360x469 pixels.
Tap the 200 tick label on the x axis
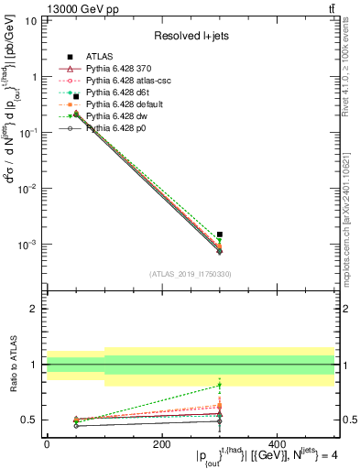pos(162,444)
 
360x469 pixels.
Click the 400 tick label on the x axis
pos(278,444)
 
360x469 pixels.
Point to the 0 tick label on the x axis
pos(47,444)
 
